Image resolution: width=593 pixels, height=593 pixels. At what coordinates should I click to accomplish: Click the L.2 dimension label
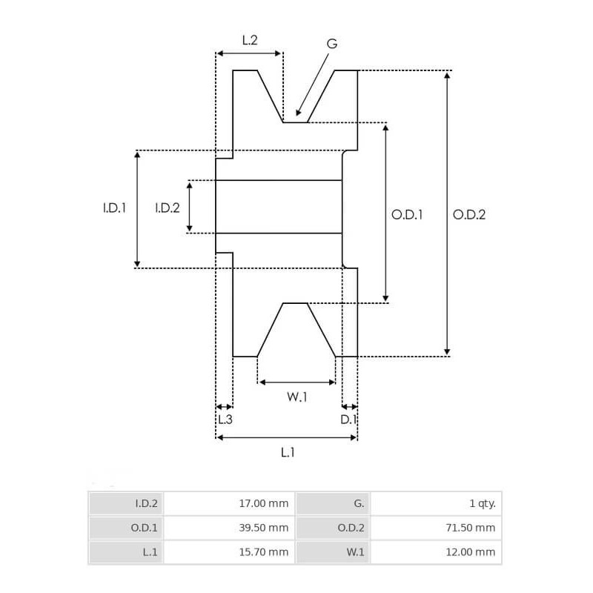250,41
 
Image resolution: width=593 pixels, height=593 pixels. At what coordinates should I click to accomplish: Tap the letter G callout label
332,44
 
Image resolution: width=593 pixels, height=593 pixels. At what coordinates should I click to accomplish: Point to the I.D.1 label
114,209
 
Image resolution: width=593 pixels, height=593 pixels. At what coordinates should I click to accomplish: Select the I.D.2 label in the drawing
168,209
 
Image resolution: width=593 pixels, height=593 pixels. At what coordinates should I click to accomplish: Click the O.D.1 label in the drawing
407,215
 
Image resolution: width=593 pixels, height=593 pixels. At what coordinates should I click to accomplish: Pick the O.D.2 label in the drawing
469,215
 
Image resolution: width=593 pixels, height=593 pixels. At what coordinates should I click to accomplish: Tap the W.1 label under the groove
296,397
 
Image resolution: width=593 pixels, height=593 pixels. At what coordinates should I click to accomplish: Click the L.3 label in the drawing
225,420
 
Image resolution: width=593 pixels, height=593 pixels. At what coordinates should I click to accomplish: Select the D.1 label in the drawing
349,420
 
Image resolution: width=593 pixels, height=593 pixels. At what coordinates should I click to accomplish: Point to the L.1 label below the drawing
288,452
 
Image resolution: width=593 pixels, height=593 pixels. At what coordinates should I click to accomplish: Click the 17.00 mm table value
264,504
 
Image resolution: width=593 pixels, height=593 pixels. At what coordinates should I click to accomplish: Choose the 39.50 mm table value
264,528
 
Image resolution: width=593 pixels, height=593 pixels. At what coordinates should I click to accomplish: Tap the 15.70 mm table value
264,552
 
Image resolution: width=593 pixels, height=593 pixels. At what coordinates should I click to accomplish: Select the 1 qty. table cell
483,504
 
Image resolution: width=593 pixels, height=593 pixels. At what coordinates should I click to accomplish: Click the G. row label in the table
359,504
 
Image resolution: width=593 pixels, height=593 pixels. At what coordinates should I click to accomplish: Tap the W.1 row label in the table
355,552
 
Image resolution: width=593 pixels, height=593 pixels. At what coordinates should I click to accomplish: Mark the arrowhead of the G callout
298,113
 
